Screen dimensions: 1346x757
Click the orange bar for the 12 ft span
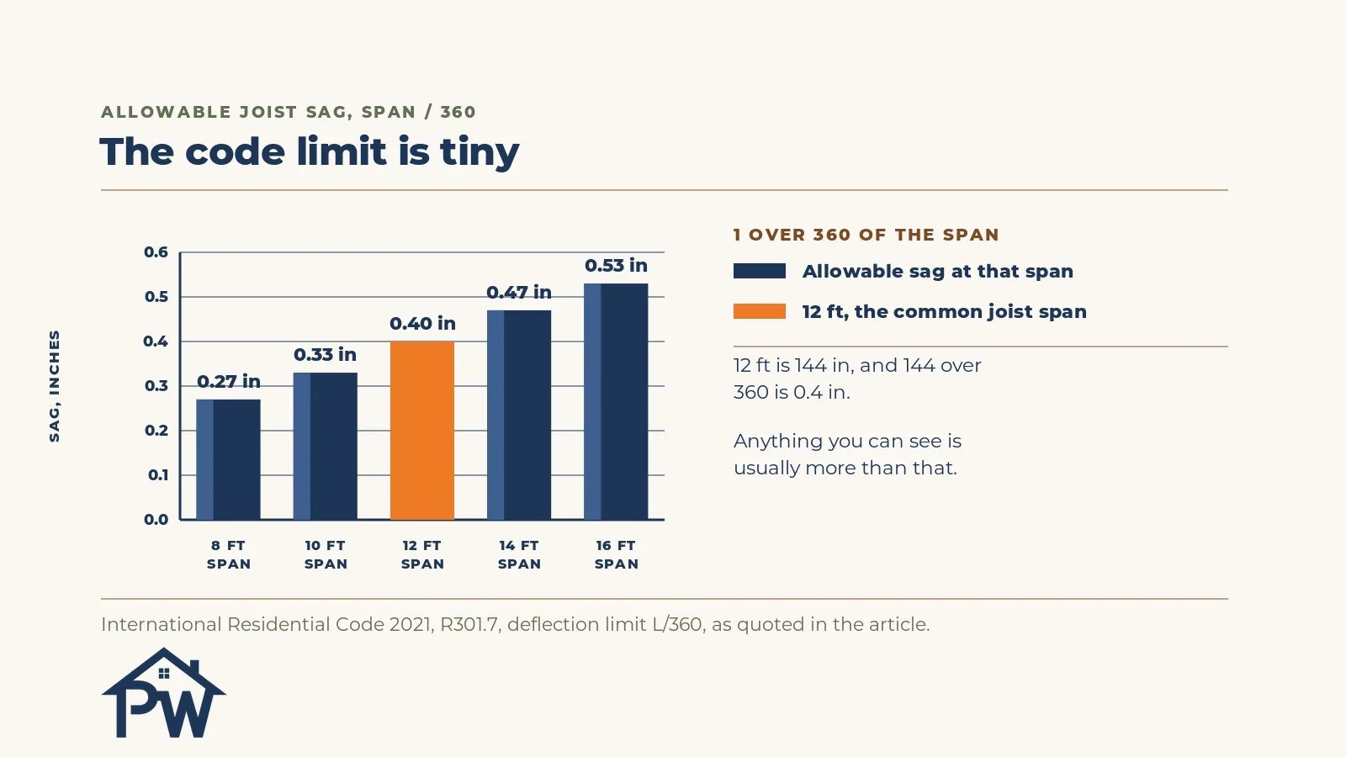pos(422,430)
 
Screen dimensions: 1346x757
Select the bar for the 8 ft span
pos(228,459)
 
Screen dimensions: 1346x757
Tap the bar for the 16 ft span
pos(616,401)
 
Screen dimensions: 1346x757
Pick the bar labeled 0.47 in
pos(519,416)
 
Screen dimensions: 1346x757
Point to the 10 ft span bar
pos(325,446)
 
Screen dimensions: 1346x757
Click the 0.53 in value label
pos(616,266)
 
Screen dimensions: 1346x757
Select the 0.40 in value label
pos(422,323)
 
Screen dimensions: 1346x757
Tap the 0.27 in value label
pos(228,382)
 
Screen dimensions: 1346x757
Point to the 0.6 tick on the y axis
pos(156,252)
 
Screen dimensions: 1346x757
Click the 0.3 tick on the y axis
pos(156,386)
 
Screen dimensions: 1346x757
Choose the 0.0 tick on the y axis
pos(156,520)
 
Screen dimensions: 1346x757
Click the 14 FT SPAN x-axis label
pos(519,554)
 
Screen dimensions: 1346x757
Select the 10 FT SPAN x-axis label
pos(325,554)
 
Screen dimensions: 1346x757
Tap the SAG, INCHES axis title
pos(55,386)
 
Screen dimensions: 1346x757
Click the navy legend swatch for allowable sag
pos(760,271)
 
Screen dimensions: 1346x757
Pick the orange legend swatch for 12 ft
pos(760,311)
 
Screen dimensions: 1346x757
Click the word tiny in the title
pos(480,152)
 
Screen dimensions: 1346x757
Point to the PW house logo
pos(164,693)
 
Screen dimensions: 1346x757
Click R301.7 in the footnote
pos(469,625)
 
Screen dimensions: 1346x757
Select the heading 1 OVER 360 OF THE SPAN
pos(866,235)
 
